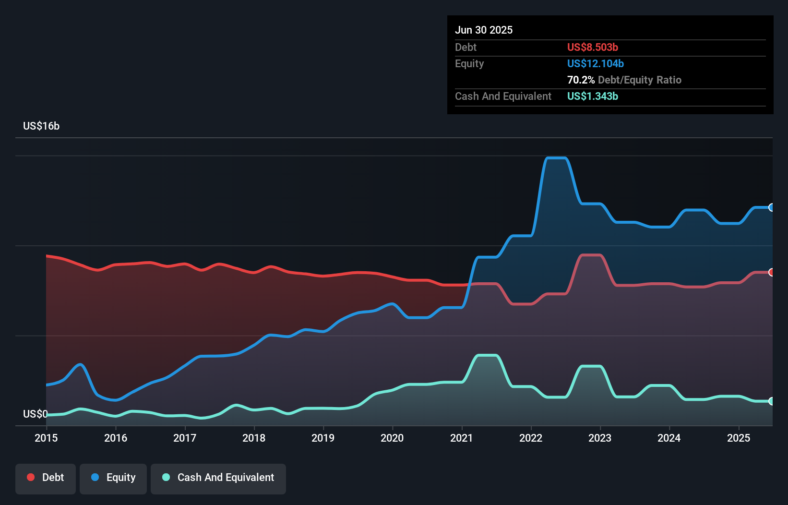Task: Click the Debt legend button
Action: (46, 478)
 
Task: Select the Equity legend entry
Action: (113, 478)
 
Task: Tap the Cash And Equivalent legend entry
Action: (218, 478)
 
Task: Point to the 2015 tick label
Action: (46, 438)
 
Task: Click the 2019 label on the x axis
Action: (323, 438)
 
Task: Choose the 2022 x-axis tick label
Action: (531, 438)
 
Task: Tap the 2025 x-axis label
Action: (739, 438)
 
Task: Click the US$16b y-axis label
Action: (41, 126)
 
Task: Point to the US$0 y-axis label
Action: (36, 414)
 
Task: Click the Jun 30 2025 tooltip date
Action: (484, 30)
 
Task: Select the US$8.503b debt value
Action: (592, 48)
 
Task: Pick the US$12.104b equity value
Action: (595, 64)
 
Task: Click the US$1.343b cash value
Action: (592, 96)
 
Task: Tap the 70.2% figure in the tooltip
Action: (581, 80)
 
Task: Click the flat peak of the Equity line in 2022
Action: (557, 158)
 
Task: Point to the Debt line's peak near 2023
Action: (591, 255)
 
